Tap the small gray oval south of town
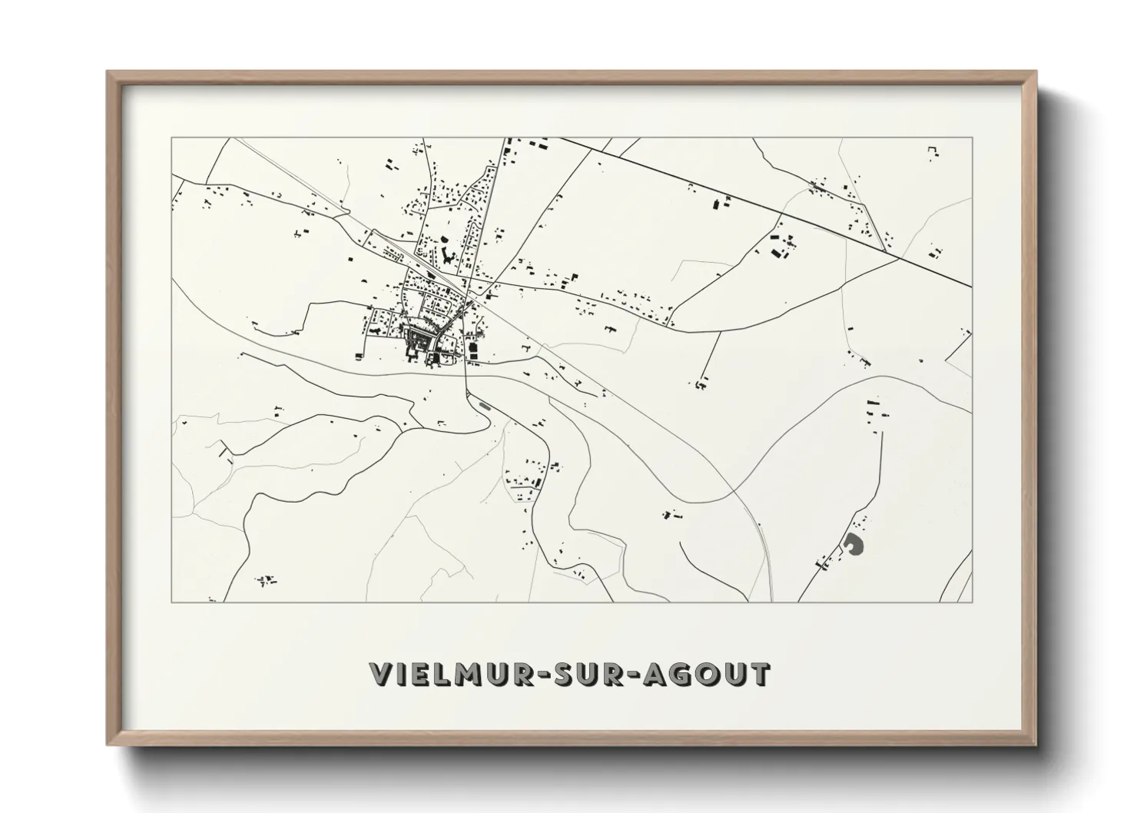pyautogui.click(x=484, y=404)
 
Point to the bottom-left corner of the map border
pyautogui.click(x=171, y=602)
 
